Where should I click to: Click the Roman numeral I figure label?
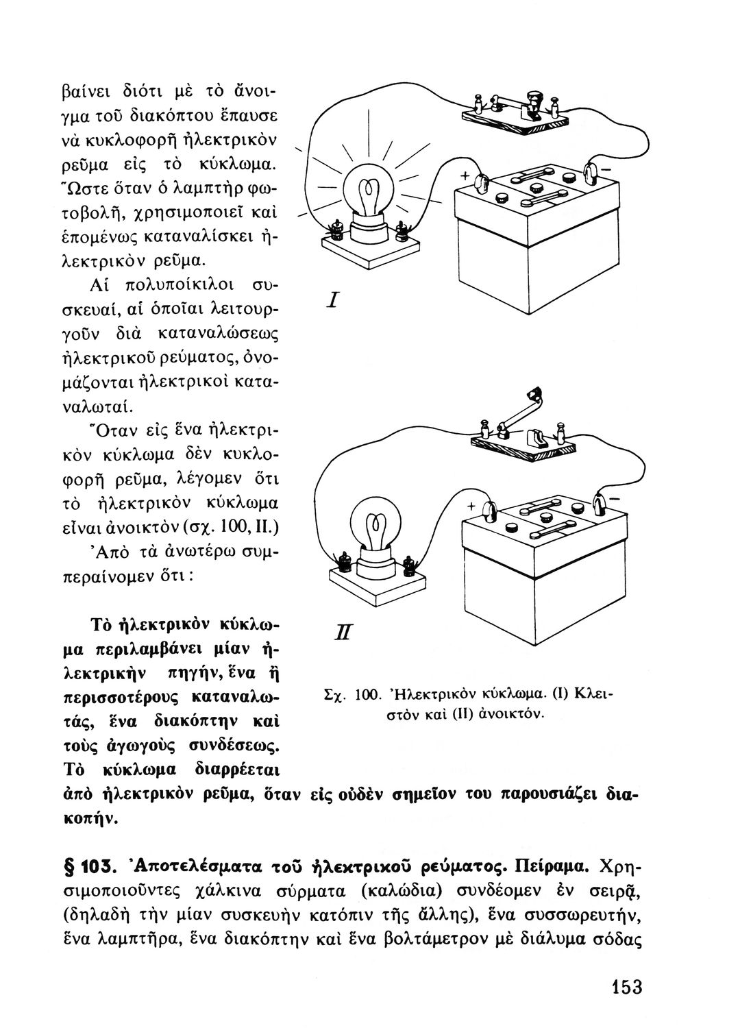point(334,299)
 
